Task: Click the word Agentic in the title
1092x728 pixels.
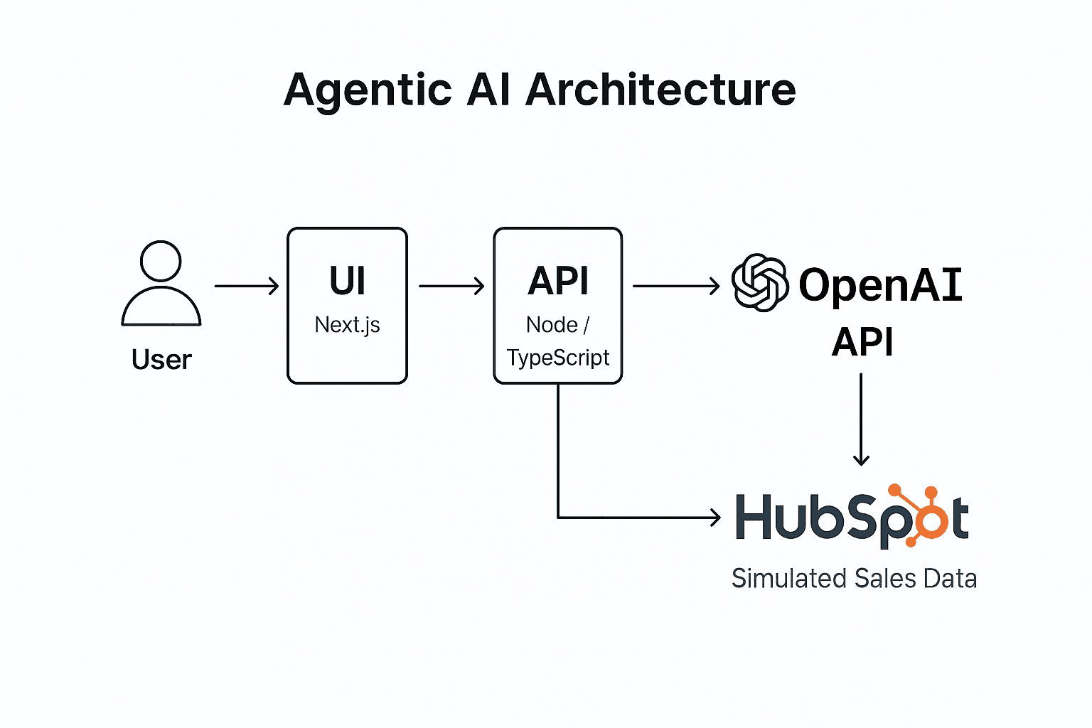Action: [368, 90]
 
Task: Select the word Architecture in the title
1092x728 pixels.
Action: [660, 90]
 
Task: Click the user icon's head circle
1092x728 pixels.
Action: [161, 261]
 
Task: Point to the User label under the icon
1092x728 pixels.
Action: [161, 360]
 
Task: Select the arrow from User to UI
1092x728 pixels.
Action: [246, 286]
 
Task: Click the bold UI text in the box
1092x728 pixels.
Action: [347, 281]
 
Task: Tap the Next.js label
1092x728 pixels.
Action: [347, 325]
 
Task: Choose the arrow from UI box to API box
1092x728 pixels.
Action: [451, 286]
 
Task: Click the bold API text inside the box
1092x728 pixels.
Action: [558, 281]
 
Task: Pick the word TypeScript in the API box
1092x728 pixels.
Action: [558, 358]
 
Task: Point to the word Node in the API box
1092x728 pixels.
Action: [552, 325]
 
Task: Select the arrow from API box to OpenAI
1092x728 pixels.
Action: [676, 286]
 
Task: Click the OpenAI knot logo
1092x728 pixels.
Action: [760, 283]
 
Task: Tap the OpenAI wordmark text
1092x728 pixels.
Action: [880, 285]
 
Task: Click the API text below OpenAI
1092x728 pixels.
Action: [862, 342]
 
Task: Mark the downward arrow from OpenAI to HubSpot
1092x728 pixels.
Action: [861, 419]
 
